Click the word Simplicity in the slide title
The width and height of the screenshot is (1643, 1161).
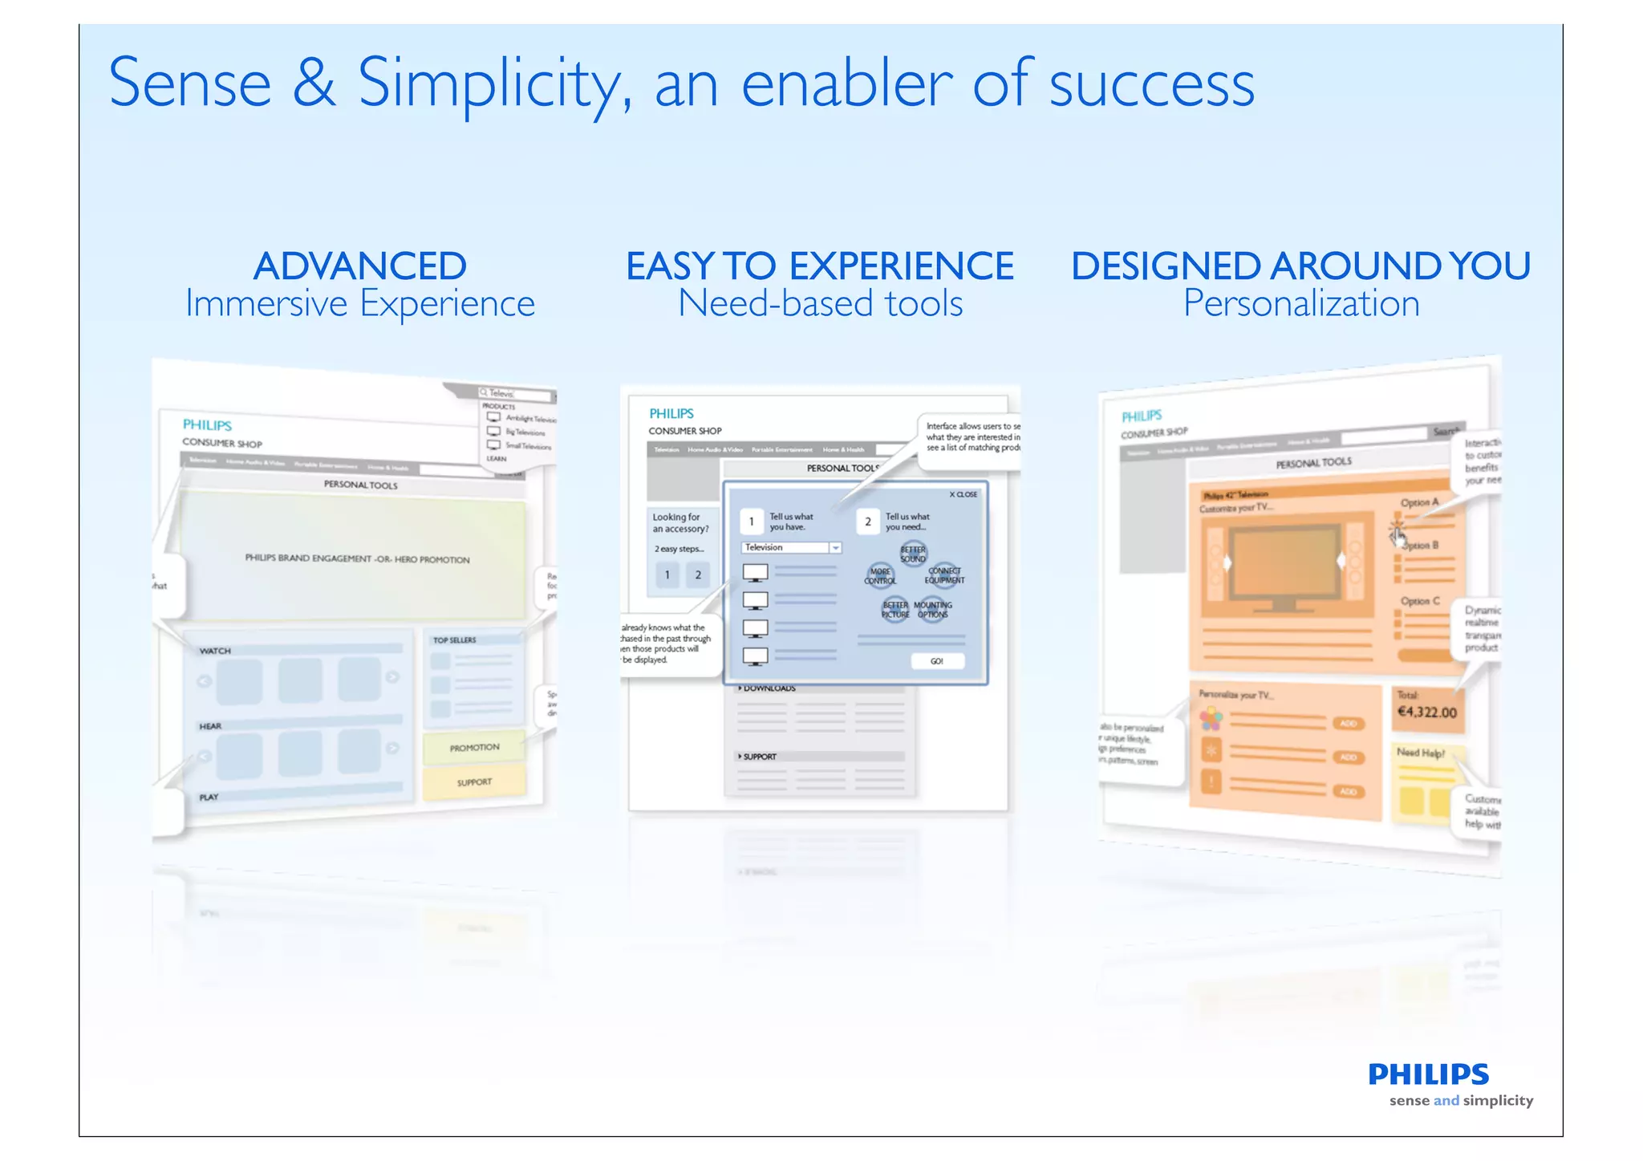click(x=489, y=84)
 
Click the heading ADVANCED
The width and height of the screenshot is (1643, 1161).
click(x=359, y=266)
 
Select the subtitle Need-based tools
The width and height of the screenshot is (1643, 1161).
click(x=820, y=304)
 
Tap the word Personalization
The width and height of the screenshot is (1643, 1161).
click(x=1300, y=304)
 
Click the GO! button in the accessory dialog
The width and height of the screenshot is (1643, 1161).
click(x=936, y=661)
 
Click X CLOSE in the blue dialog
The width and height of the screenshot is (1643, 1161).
click(x=963, y=494)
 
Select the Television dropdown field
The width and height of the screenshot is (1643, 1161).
click(x=791, y=547)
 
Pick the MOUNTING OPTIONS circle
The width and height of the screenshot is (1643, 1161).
click(x=933, y=610)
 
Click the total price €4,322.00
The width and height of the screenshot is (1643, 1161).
click(x=1426, y=712)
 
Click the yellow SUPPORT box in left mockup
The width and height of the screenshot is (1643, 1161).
click(x=474, y=782)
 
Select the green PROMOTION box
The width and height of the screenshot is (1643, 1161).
click(x=474, y=747)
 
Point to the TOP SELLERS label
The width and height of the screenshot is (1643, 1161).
click(x=454, y=640)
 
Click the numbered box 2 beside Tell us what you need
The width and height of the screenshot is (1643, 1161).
click(x=867, y=522)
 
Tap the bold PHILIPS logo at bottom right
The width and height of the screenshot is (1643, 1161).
click(x=1428, y=1074)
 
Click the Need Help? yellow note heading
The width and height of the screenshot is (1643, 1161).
click(x=1420, y=753)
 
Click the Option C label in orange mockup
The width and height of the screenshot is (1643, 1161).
click(x=1420, y=601)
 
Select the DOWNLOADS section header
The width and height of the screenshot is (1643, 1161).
click(x=769, y=688)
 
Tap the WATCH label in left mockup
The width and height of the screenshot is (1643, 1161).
click(x=215, y=651)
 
